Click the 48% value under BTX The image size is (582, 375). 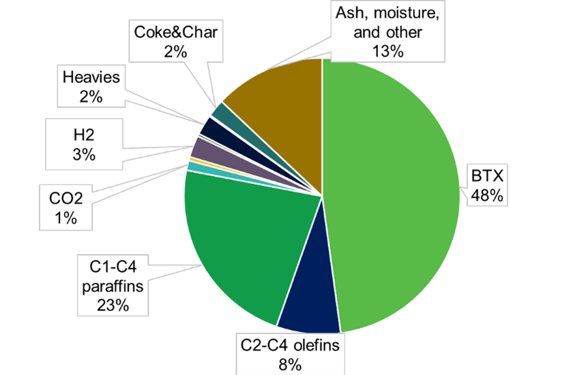[x=486, y=195]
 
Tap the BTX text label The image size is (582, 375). [x=486, y=177]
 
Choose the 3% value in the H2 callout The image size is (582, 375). [x=83, y=155]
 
